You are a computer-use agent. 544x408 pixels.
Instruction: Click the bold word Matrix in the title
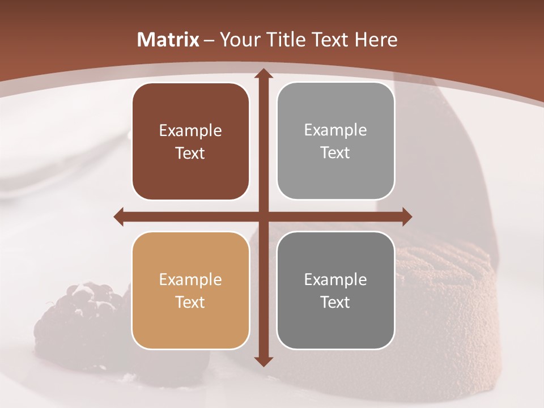pos(168,40)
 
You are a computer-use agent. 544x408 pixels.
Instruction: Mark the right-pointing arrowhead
pos(406,216)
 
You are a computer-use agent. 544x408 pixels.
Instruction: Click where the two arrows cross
pos(263,216)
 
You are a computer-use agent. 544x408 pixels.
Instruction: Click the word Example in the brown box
pos(190,131)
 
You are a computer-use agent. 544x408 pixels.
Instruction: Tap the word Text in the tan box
pos(190,302)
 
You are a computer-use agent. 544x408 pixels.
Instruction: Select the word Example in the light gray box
pos(335,130)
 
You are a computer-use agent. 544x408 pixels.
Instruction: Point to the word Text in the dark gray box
pos(335,302)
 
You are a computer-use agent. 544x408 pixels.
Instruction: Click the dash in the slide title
pos(209,40)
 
